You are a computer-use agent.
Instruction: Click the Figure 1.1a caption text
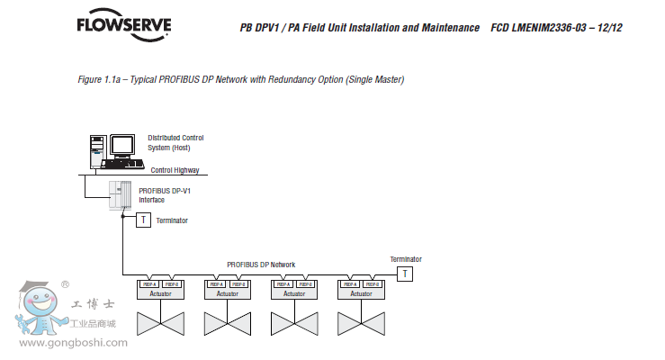coord(241,80)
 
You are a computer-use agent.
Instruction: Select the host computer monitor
coord(121,146)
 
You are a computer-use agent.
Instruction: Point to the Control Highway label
coord(175,169)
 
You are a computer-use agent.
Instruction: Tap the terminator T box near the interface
coord(143,220)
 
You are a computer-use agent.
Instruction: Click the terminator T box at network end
coord(405,274)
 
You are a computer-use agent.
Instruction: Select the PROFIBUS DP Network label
coord(261,265)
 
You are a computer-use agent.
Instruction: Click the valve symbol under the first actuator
coord(159,322)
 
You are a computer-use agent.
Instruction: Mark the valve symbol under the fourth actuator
coord(360,322)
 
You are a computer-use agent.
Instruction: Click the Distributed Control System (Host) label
coord(175,142)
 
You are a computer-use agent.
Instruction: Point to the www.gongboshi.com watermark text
coord(73,342)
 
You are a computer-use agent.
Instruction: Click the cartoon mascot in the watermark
coord(40,310)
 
